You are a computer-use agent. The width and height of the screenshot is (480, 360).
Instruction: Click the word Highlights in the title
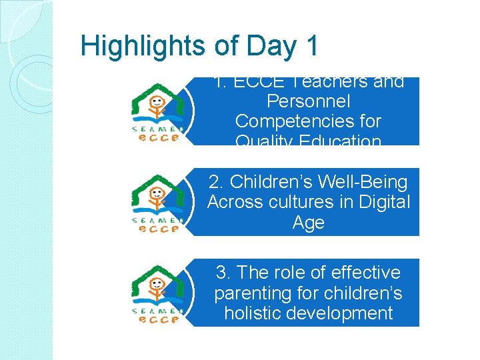142,47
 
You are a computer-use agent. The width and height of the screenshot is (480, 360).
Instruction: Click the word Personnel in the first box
308,102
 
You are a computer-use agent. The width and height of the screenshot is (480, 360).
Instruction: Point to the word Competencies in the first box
308,122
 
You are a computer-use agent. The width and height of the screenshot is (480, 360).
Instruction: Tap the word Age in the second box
308,223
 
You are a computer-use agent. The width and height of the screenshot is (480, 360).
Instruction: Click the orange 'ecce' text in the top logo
158,138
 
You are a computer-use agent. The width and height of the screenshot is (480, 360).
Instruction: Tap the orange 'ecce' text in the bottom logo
158,319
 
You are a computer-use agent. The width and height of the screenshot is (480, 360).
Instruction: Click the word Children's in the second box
273,182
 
